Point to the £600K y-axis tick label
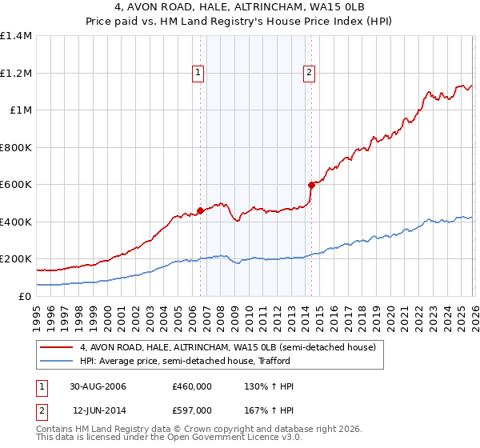15,185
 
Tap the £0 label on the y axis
25,296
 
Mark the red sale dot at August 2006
200,211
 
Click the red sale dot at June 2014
310,185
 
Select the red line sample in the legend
58,347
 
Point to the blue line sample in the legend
58,360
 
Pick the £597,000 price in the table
191,410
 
